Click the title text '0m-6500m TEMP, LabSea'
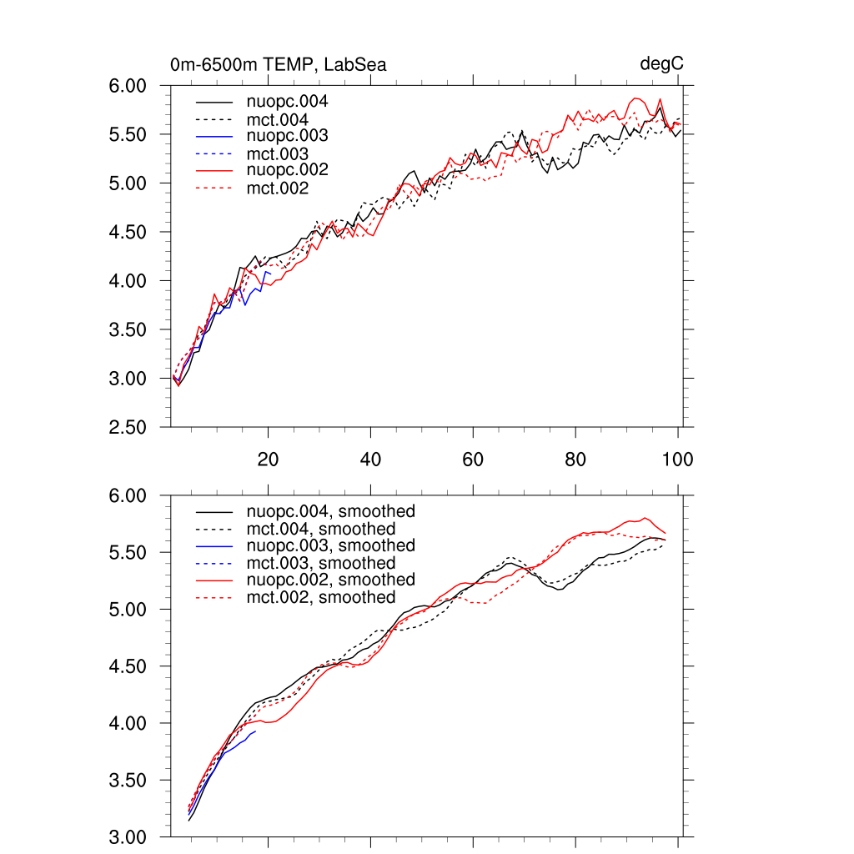(x=278, y=65)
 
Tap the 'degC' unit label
(x=662, y=64)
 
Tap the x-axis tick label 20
(x=268, y=459)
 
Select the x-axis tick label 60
(x=473, y=459)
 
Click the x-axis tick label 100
(x=678, y=459)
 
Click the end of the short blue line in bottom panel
(x=255, y=731)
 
